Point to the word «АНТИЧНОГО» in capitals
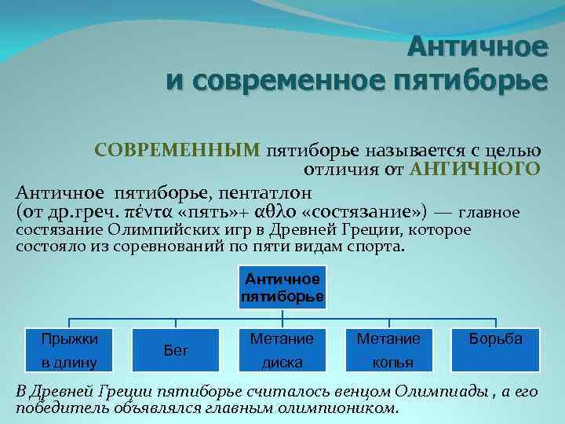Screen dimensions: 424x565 (476, 169)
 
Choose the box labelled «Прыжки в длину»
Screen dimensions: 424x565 (70, 350)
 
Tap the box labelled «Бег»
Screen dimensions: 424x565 (175, 350)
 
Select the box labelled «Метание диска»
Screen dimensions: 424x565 (282, 350)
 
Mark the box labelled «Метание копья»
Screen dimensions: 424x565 (388, 350)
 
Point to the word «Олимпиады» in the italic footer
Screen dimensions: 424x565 (444, 392)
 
